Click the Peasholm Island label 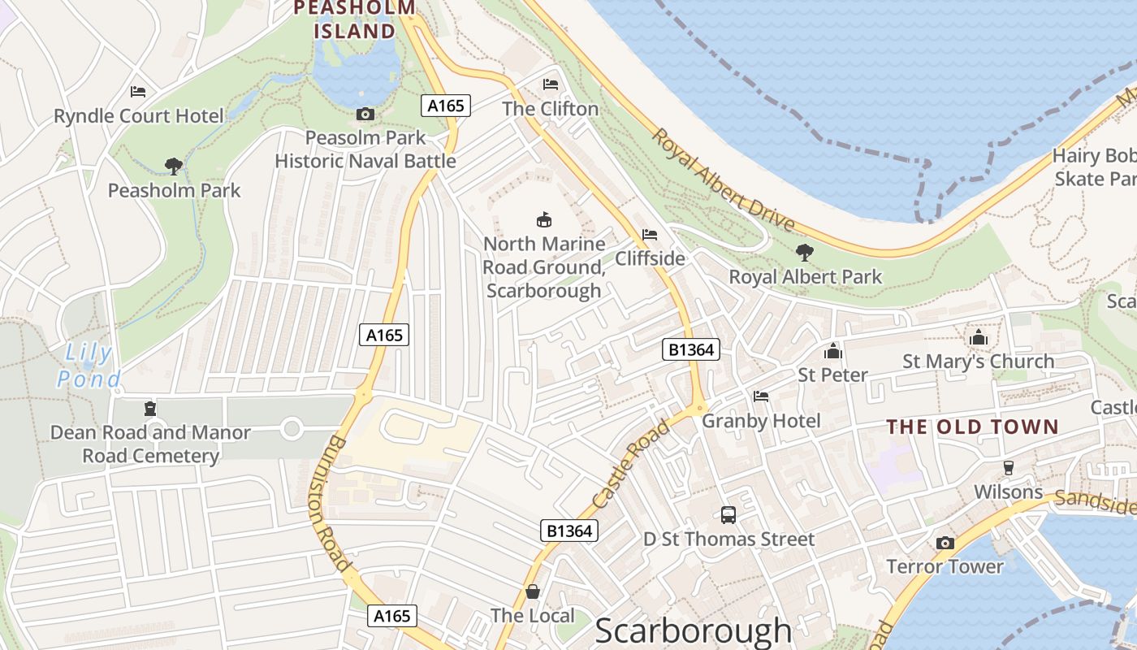(x=355, y=19)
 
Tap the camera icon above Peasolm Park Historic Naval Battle (x=365, y=115)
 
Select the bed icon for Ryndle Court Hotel (x=138, y=92)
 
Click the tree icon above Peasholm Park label (x=174, y=167)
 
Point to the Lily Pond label (x=89, y=366)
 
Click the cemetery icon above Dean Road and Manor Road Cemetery (x=149, y=408)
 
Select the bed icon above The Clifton (x=551, y=84)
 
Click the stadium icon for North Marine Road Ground (x=544, y=219)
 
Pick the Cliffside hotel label (x=650, y=258)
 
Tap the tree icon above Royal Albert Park (x=805, y=252)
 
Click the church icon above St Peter (x=832, y=351)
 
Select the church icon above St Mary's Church (x=979, y=337)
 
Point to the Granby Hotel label (x=761, y=421)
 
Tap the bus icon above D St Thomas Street (x=728, y=514)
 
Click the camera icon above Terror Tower (x=945, y=543)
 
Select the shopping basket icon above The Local (x=533, y=591)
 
